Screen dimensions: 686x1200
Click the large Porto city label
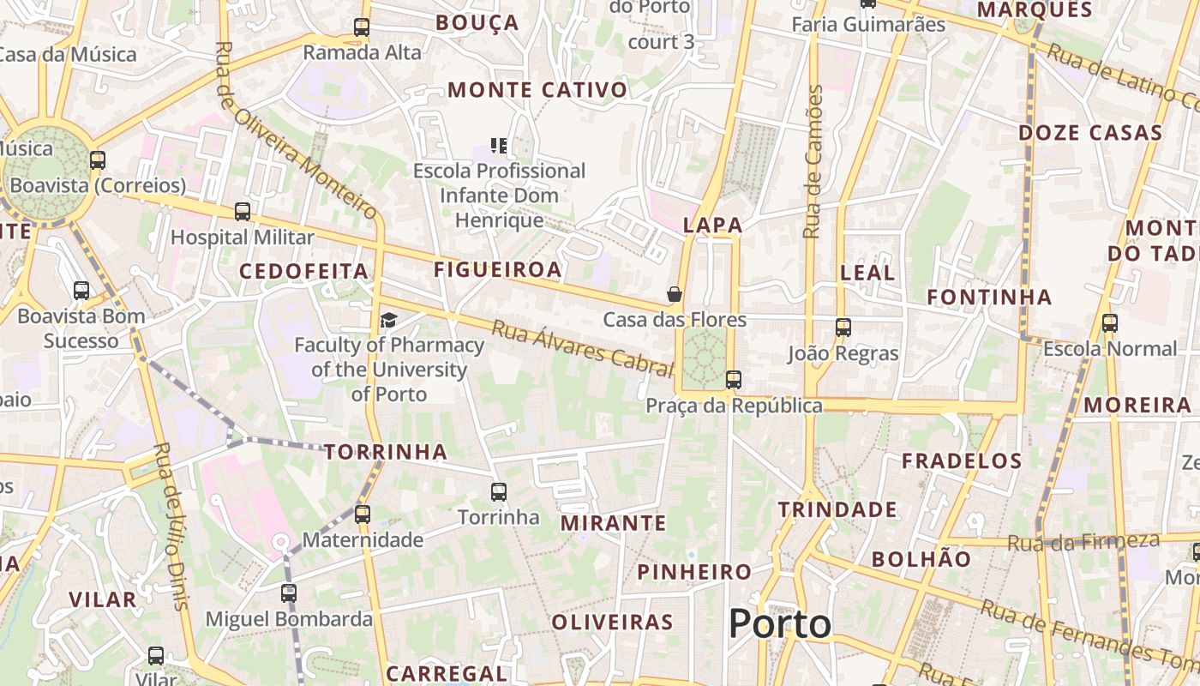point(780,624)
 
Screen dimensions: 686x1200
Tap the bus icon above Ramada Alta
point(362,27)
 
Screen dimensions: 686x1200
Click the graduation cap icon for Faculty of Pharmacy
point(389,321)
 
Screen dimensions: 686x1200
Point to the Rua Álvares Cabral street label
point(583,349)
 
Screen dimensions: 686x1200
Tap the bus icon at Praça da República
point(734,379)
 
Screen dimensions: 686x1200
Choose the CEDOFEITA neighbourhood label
point(304,272)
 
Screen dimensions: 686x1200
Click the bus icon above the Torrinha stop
point(499,492)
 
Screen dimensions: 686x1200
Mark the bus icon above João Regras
point(843,327)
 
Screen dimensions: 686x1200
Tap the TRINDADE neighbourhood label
point(837,510)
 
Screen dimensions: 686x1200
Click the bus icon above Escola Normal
point(1110,323)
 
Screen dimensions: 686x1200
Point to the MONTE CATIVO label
point(537,90)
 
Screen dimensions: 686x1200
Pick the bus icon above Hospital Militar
point(243,211)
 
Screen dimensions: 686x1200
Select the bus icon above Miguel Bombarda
point(289,593)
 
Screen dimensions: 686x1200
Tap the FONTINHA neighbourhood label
point(989,298)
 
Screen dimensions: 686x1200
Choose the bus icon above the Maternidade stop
point(363,514)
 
